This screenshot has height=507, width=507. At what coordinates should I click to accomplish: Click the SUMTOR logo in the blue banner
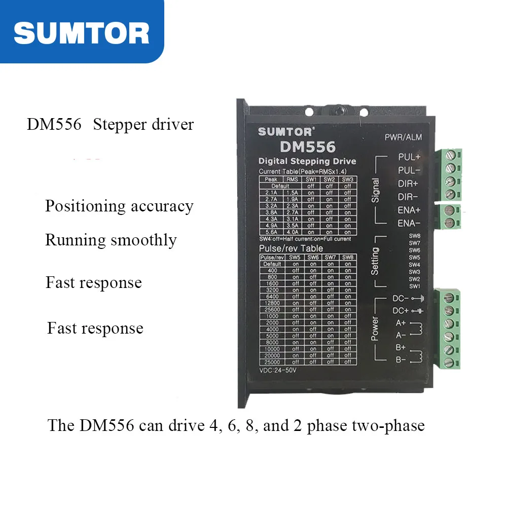click(81, 32)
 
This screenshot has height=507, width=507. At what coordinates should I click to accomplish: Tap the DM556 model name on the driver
click(307, 147)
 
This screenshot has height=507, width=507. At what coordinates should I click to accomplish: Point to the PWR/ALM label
click(403, 137)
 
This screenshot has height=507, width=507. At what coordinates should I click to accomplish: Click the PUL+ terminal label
click(409, 157)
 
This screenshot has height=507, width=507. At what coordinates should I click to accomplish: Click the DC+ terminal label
click(401, 310)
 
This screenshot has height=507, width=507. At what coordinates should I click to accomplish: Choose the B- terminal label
click(401, 360)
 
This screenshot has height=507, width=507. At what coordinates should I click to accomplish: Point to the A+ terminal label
click(401, 323)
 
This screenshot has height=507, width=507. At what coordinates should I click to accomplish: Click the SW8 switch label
click(414, 236)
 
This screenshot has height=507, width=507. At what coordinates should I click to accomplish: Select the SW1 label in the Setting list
click(414, 286)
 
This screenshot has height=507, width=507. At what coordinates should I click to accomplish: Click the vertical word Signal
click(376, 190)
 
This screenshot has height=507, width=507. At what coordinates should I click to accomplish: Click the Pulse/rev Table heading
click(291, 248)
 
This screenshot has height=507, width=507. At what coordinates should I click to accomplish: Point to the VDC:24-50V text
click(277, 370)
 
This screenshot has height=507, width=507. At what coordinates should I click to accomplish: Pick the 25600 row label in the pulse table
click(272, 309)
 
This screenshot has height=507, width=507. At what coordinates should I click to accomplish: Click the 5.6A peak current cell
click(271, 232)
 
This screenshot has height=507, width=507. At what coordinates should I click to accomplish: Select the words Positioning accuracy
click(119, 206)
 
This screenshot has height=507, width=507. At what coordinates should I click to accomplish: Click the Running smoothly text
click(111, 240)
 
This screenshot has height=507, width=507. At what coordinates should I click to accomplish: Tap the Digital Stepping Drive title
click(307, 162)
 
